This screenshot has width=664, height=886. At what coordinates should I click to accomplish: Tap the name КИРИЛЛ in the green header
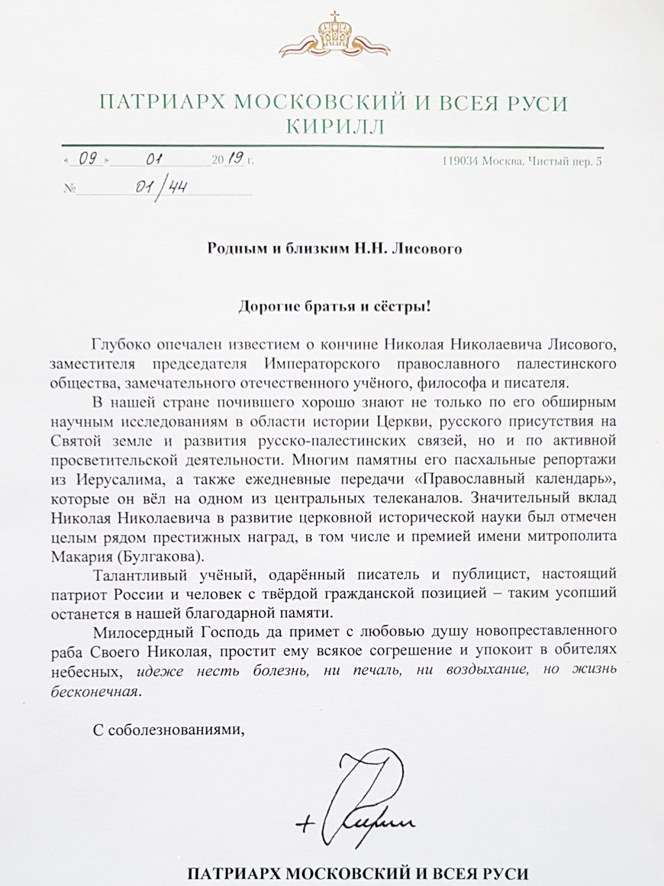coord(332,125)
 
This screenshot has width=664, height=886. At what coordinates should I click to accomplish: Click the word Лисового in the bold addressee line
coord(428,247)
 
